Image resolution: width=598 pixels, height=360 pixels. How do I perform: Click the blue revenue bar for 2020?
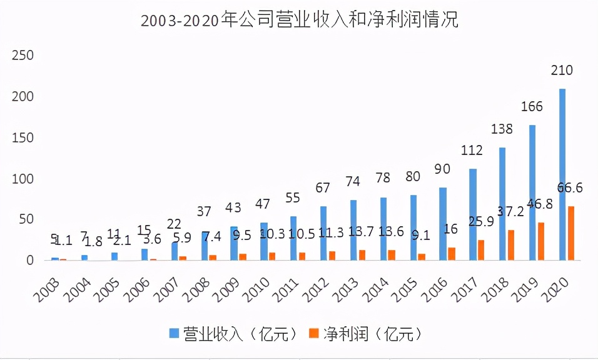[562, 175]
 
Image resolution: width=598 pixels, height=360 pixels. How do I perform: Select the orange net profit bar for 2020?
[570, 233]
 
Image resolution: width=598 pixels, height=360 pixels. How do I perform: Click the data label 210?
[562, 70]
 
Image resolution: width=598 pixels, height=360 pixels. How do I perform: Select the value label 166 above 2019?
[532, 106]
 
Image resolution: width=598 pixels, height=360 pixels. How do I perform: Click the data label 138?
[502, 129]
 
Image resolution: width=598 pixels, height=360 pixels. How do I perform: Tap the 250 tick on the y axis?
[23, 56]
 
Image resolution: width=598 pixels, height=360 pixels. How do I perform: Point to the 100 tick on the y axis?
[23, 179]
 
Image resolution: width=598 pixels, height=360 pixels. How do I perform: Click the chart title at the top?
[299, 20]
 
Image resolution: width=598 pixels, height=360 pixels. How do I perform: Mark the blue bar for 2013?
[354, 230]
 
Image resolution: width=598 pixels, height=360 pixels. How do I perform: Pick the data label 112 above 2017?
[472, 150]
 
